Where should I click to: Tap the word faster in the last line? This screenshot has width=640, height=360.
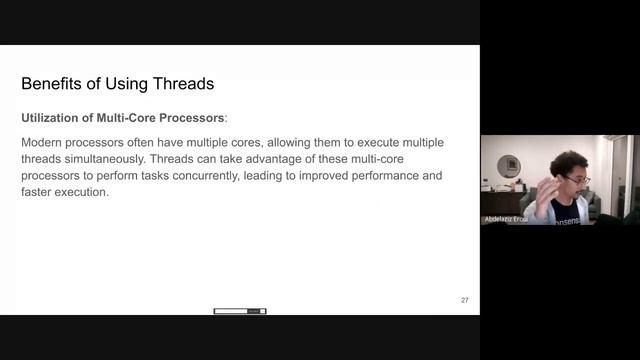pyautogui.click(x=37, y=191)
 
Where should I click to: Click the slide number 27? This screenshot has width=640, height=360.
pyautogui.click(x=464, y=300)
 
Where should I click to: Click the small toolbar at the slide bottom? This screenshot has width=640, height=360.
pyautogui.click(x=240, y=311)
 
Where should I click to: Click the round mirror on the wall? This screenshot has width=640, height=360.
pyautogui.click(x=509, y=165)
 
